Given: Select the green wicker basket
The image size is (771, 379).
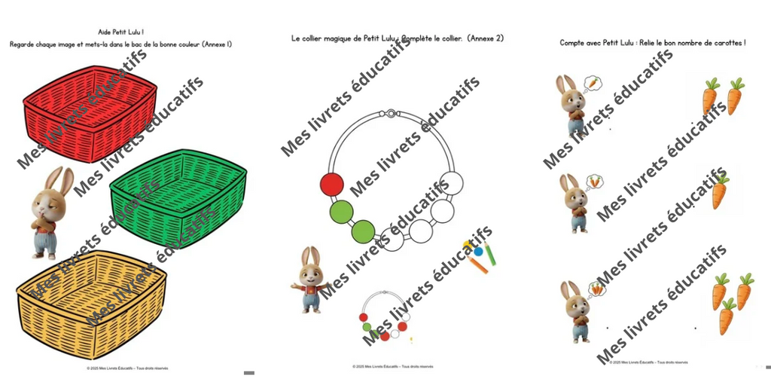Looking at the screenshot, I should click(178, 193).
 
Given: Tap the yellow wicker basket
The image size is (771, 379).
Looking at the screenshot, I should click(91, 301).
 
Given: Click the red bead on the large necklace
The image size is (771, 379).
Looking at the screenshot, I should click(331, 184).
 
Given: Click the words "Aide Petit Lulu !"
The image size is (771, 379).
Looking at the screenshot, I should click(120, 32).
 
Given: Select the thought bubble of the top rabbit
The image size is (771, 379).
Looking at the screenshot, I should click(593, 82).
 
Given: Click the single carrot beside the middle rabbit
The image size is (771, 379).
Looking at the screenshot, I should click(719, 191).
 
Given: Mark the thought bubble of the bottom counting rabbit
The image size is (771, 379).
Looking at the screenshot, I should click(596, 288).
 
